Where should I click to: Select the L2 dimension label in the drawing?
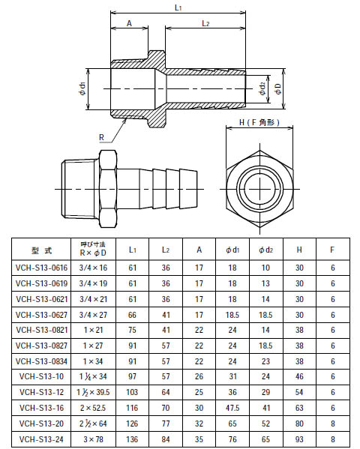204,24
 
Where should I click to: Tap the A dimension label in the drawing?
129,24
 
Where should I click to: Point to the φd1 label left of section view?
81,89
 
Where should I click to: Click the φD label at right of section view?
277,88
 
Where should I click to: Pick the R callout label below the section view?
101,138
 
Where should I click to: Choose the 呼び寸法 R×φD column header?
94,250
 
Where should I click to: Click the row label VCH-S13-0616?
41,268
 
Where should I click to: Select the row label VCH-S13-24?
41,439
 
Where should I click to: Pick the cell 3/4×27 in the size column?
94,314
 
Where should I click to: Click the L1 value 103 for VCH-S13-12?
133,392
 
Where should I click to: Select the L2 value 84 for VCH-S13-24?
166,439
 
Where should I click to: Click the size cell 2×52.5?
94,408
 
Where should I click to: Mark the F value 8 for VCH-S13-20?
331,424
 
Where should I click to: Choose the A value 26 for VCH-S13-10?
199,376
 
